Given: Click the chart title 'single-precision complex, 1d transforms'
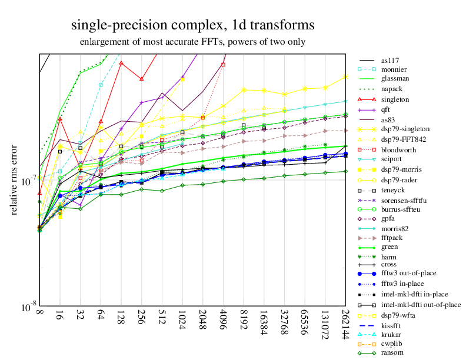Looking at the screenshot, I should pyautogui.click(x=192, y=25).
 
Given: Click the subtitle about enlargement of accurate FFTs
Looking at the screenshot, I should pyautogui.click(x=192, y=42).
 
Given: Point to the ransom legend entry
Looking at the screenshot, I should pyautogui.click(x=392, y=352).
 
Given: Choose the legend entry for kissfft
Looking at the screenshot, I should pyautogui.click(x=392, y=323).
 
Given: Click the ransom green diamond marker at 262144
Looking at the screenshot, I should pyautogui.click(x=345, y=171).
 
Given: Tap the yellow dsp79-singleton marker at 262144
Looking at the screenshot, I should pyautogui.click(x=345, y=76).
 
